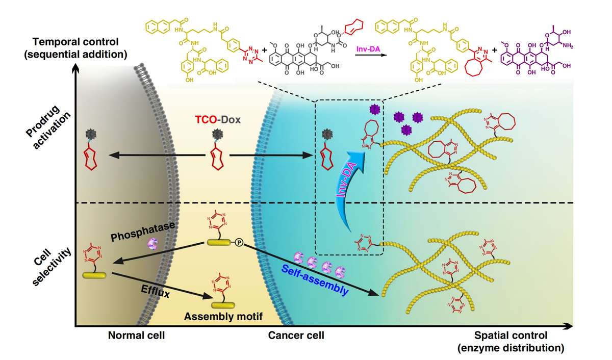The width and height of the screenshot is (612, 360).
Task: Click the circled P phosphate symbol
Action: coord(238,244)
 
